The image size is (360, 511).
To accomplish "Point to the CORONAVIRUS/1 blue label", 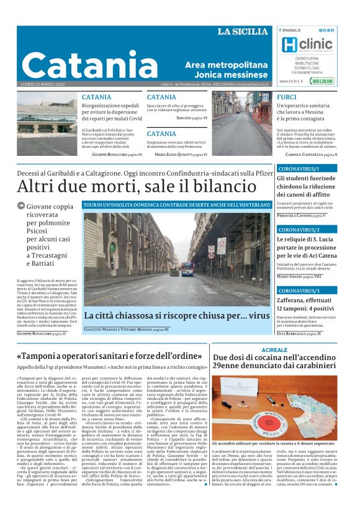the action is (299, 168).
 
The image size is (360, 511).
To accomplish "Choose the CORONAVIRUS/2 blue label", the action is (299, 229).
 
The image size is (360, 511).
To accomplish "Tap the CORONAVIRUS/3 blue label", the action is (299, 290).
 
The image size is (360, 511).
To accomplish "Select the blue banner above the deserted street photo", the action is (176, 204).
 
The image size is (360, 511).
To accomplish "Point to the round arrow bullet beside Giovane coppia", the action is (21, 206).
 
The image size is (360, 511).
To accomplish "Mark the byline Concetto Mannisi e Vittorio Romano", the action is (118, 329).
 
